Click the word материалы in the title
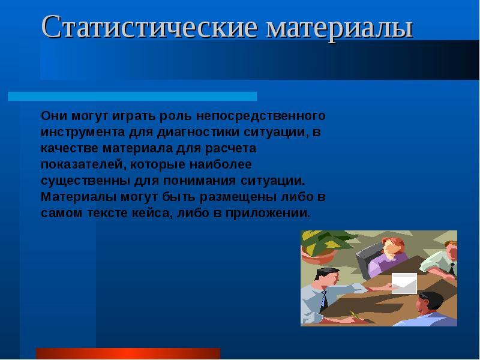pyautogui.click(x=340, y=28)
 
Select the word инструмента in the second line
pyautogui.click(x=82, y=131)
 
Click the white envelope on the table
pyautogui.click(x=404, y=283)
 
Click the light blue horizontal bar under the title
pyautogui.click(x=132, y=96)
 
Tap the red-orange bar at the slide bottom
pyautogui.click(x=128, y=353)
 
